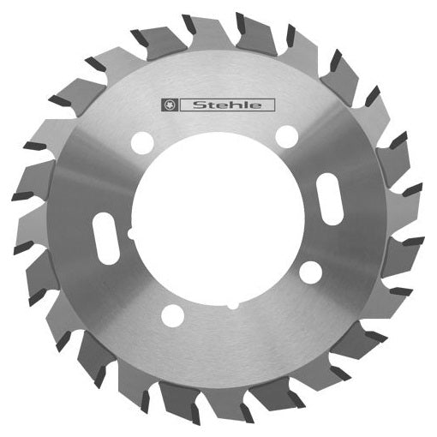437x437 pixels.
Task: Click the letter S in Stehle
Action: (199, 106)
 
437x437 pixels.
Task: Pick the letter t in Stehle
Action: (211, 106)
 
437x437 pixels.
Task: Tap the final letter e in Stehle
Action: (260, 106)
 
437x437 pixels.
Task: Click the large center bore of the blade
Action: (219, 222)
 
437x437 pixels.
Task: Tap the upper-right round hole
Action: (287, 135)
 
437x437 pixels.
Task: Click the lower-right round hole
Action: (311, 272)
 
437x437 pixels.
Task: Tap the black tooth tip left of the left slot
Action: (23, 248)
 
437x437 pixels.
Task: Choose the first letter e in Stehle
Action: (222, 106)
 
